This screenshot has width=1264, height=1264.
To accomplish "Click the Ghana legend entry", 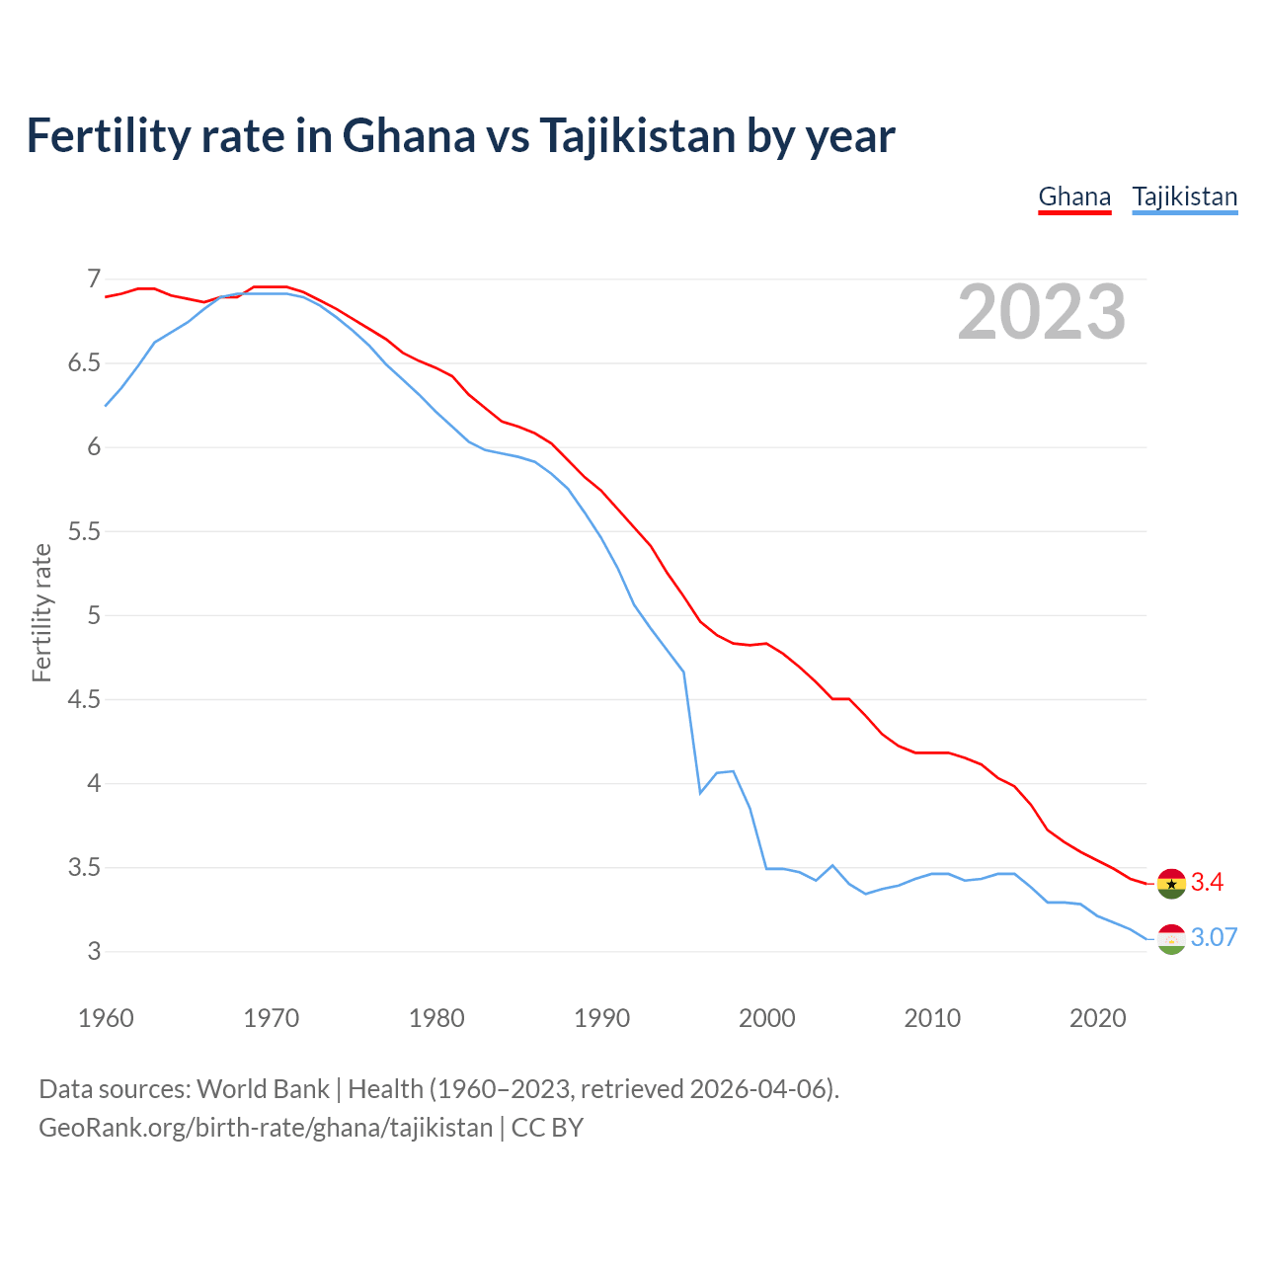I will click(x=1074, y=197).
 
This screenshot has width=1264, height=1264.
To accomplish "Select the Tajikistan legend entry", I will click(x=1184, y=197).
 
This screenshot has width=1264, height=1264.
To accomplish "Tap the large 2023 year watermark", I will click(x=1042, y=312).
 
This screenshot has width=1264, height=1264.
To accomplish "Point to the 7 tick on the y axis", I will click(x=94, y=279).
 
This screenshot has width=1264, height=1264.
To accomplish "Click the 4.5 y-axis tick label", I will click(x=83, y=700).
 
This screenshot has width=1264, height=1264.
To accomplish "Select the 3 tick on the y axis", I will click(x=94, y=952).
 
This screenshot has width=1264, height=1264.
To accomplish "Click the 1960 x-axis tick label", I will click(x=106, y=1018).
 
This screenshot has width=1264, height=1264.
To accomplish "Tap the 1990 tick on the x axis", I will click(x=601, y=1018).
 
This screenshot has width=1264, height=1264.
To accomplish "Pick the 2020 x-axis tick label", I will click(x=1097, y=1018).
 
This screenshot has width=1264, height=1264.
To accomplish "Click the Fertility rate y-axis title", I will click(x=41, y=612).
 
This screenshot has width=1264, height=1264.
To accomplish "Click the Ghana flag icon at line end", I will click(x=1171, y=883).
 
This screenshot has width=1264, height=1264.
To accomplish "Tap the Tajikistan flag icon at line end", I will click(x=1171, y=939).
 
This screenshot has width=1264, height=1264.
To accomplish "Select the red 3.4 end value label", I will click(x=1207, y=883).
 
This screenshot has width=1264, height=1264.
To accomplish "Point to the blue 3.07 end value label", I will click(x=1214, y=938).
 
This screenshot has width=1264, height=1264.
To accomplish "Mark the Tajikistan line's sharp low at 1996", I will click(x=700, y=793).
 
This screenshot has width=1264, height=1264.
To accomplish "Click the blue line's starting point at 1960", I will click(x=106, y=406).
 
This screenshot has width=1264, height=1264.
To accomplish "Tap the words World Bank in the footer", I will click(x=263, y=1089).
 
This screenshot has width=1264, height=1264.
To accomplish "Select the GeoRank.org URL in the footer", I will click(x=265, y=1128).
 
